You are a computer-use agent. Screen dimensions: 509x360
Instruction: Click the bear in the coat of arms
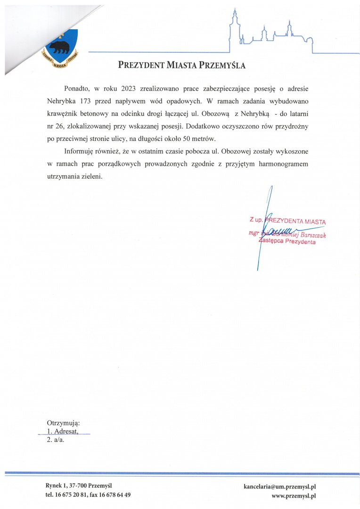(x=60, y=46)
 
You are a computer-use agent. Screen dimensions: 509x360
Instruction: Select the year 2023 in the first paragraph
(x=129, y=89)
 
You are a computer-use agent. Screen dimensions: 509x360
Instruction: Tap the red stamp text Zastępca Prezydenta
(x=287, y=242)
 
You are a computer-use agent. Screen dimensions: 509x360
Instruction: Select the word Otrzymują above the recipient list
(x=63, y=423)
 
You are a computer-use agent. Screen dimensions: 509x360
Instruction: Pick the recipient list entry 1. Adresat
(x=62, y=431)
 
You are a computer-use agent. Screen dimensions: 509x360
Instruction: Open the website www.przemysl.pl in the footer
(x=293, y=495)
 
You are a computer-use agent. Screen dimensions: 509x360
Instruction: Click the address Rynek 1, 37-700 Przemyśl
(x=79, y=485)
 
